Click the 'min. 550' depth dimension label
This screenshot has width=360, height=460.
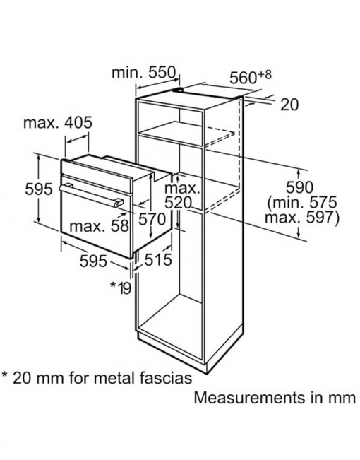(143, 72)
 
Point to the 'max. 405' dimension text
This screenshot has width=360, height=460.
(58, 123)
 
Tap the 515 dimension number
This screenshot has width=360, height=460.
(159, 259)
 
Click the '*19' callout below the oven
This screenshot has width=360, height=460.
(121, 288)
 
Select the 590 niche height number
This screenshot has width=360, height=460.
(299, 187)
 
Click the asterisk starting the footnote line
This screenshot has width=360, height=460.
(6, 375)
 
